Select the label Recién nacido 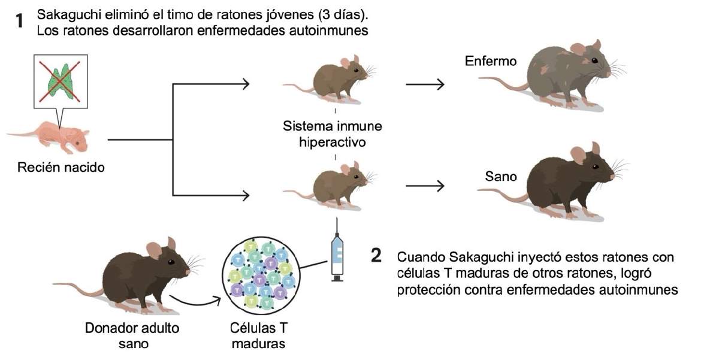point(61,167)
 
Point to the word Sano point(501,177)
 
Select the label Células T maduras point(258,336)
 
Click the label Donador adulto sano point(132,336)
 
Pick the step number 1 point(21,22)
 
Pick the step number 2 point(376,255)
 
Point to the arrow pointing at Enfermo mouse point(425,84)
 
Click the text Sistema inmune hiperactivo point(333,135)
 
